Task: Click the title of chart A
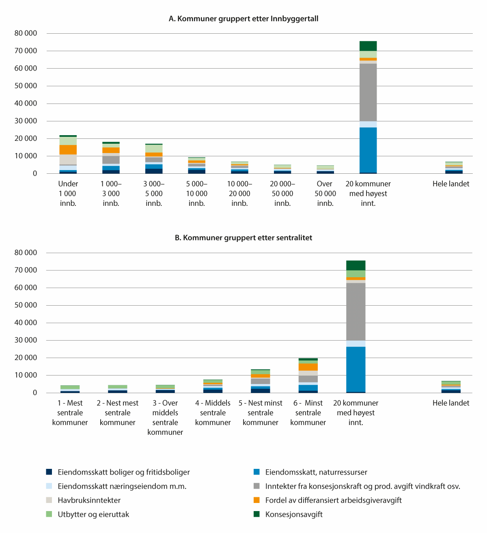pos(243,19)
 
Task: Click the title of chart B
pos(243,238)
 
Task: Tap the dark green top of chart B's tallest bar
pos(356,265)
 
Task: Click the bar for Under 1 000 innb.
pos(68,155)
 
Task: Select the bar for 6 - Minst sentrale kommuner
pos(308,376)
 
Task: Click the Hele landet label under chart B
pos(451,403)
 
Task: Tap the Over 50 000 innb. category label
pos(325,194)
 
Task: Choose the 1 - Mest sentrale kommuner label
pos(70,413)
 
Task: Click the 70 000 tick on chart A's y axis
pos(26,51)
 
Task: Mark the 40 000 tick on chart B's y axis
pos(26,323)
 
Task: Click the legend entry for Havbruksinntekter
pos(89,501)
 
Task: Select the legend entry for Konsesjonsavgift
pos(294,515)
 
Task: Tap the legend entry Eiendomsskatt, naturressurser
pos(316,473)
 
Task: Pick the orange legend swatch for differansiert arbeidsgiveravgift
pos(256,501)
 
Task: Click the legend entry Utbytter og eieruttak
pos(93,515)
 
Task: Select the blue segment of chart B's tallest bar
pos(356,369)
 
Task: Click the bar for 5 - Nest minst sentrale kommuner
pos(261,381)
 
